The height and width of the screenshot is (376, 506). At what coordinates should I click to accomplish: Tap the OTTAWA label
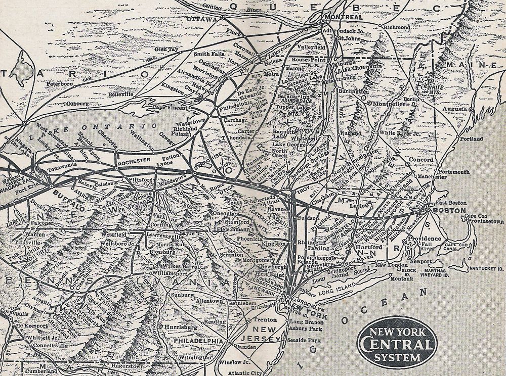click(201, 19)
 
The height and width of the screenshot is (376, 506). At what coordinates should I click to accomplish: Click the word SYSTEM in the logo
click(397, 358)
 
